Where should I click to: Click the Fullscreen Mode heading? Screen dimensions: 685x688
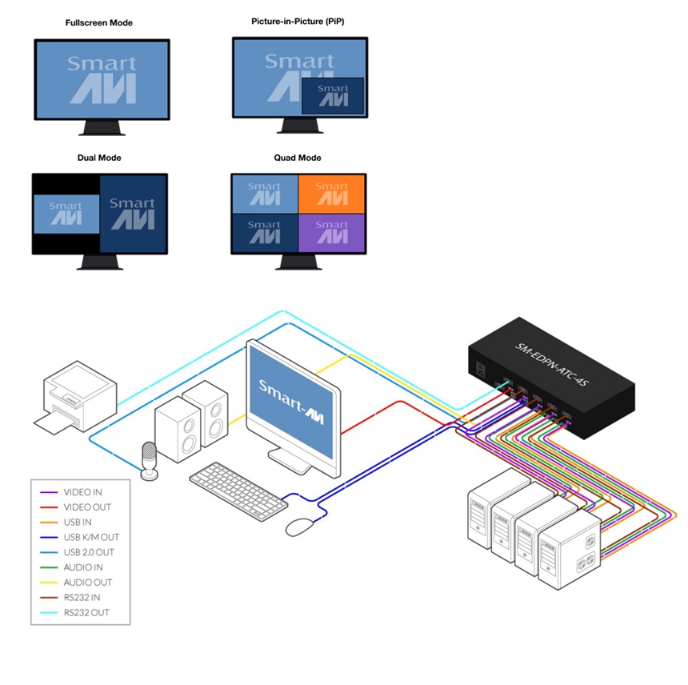coord(99,23)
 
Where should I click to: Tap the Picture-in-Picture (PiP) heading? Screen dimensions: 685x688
coord(298,22)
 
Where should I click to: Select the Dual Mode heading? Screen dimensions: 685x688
coord(99,158)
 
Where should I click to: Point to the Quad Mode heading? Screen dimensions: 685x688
coord(298,158)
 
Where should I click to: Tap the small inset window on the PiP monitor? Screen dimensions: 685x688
coord(333,94)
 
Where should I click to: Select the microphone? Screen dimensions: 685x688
coord(149,461)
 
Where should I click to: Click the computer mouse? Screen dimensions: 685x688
coord(300,526)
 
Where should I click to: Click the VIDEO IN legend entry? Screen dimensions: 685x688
coord(82,492)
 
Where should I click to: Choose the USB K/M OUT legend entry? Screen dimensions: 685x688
coord(90,537)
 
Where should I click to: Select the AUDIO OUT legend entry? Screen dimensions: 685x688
coord(87,583)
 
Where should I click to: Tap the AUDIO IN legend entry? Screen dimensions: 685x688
coord(83,567)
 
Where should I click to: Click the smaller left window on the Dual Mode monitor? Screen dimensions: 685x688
coord(66,214)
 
